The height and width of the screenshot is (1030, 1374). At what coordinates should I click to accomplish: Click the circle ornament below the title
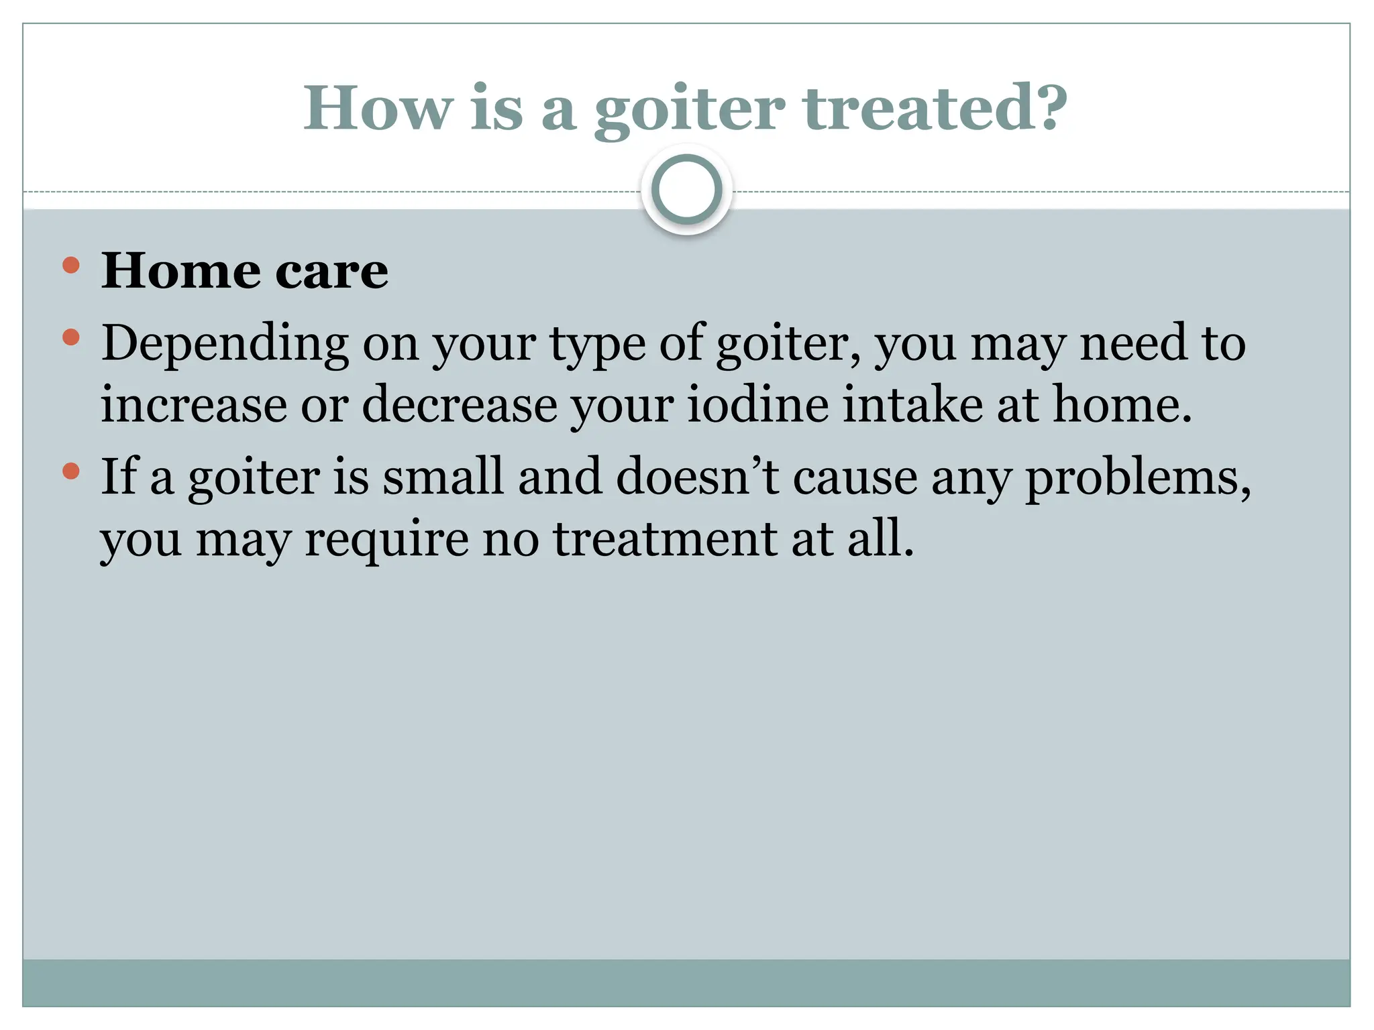686,190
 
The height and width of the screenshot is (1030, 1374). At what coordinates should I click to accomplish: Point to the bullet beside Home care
70,266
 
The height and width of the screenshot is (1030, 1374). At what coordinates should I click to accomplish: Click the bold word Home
180,271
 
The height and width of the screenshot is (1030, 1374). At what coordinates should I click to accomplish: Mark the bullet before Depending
70,337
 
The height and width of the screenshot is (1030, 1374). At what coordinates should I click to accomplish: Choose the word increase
194,404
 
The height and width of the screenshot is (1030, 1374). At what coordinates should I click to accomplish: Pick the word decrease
460,404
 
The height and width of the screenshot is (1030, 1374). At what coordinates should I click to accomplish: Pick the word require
386,540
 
